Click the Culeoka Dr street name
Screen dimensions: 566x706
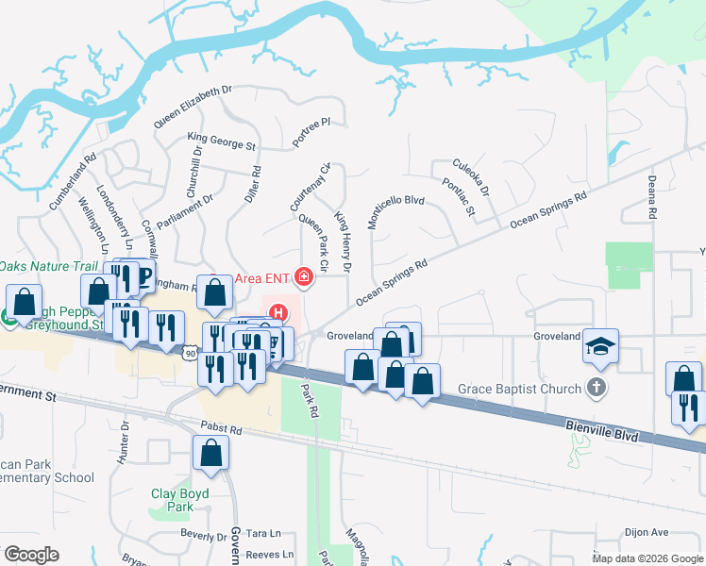tap(471, 176)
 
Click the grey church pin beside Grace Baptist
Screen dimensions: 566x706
tap(595, 387)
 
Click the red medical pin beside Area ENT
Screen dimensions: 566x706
tap(302, 276)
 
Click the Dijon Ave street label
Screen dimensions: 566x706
tap(646, 532)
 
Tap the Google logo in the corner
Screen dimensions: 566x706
tap(31, 554)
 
